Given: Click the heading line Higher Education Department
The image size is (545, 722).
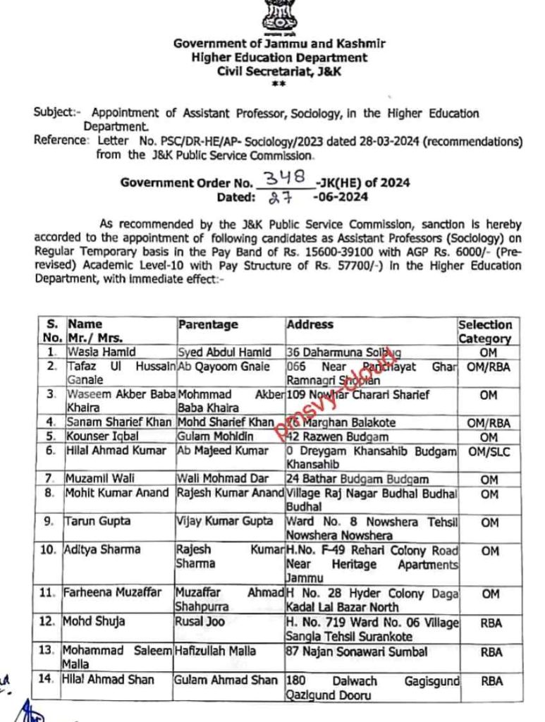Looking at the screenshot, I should pyautogui.click(x=280, y=58).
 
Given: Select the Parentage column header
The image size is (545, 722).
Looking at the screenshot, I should pyautogui.click(x=208, y=325).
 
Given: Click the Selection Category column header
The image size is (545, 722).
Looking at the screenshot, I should pyautogui.click(x=485, y=331).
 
